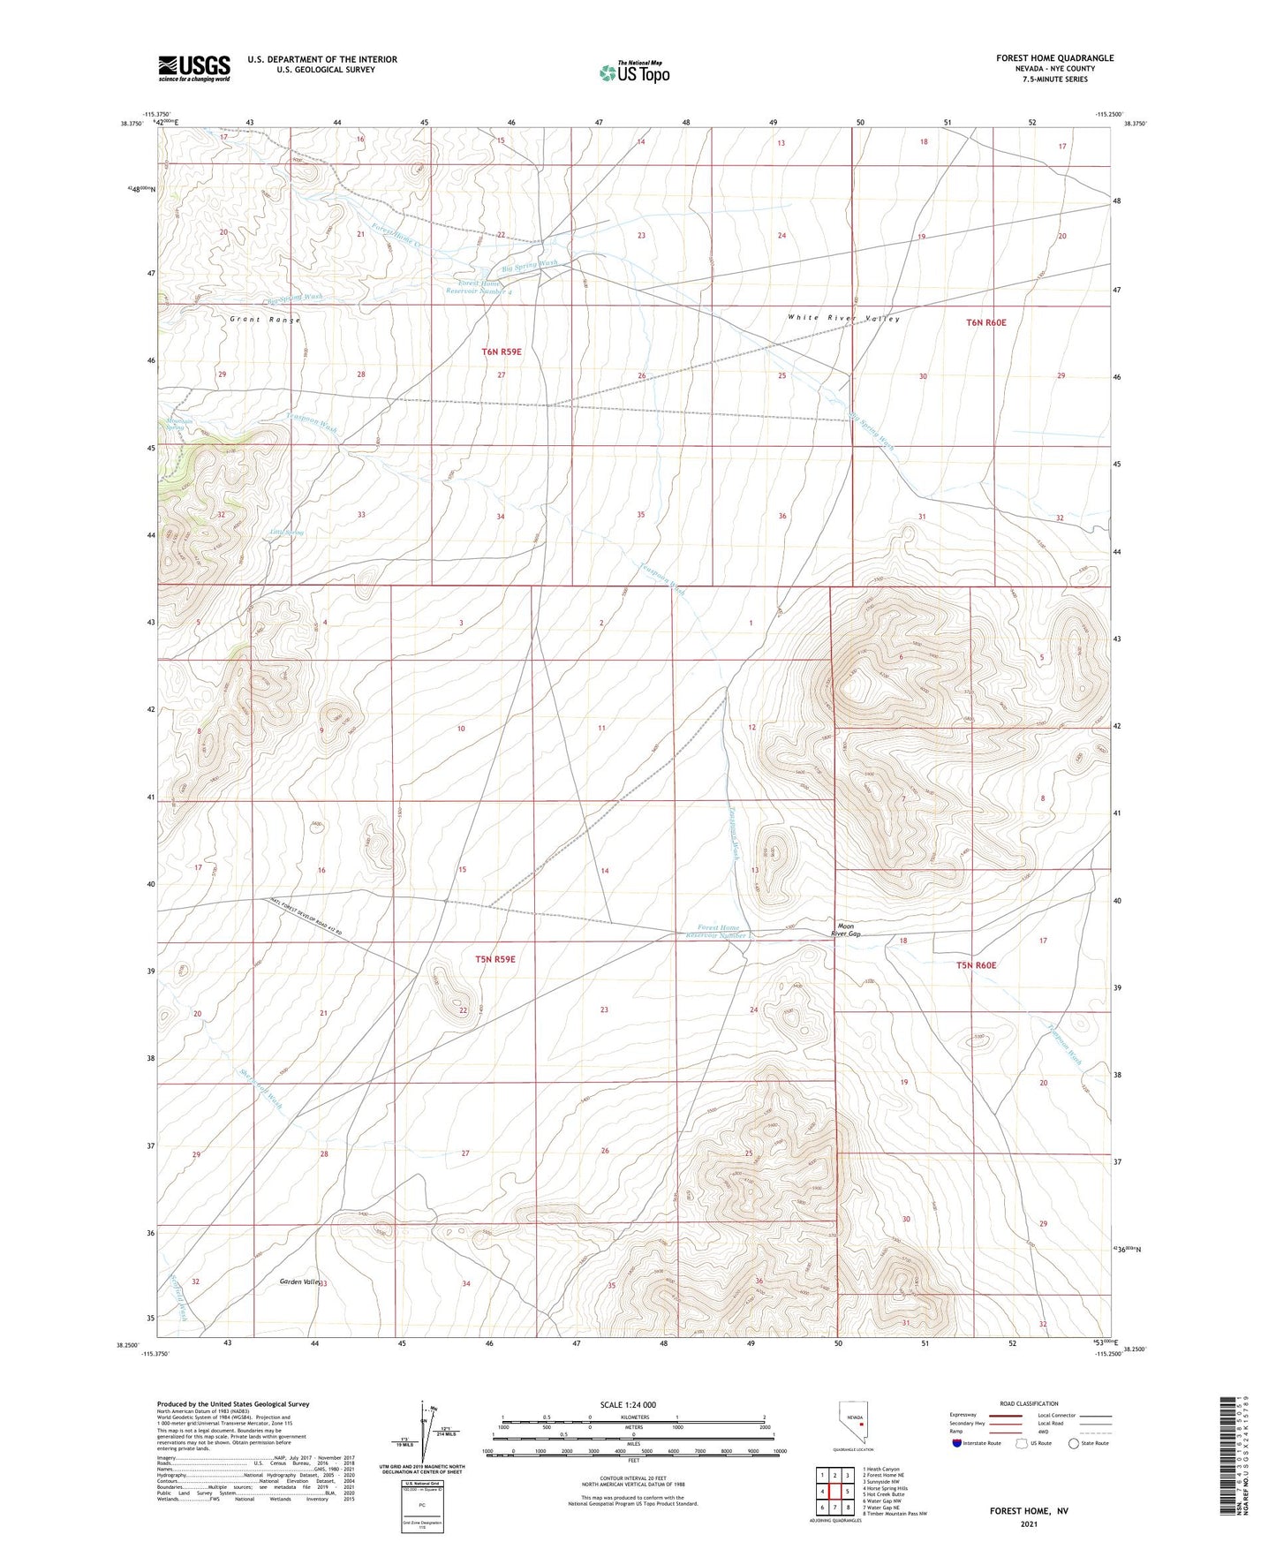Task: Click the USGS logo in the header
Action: [194, 68]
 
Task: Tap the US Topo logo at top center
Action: [634, 72]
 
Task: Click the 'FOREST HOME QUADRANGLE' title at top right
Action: [1054, 58]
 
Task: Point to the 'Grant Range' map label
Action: [266, 320]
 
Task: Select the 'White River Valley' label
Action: [843, 319]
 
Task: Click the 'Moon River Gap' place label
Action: [845, 930]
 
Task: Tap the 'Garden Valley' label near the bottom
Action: [298, 1281]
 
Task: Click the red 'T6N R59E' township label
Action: [502, 351]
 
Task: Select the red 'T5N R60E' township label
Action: [976, 965]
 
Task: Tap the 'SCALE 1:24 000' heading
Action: [628, 1404]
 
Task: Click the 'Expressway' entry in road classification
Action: [967, 1415]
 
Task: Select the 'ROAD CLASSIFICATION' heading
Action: [1030, 1403]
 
